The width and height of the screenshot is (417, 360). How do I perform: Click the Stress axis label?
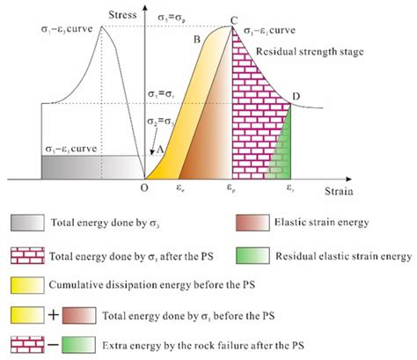tap(124, 16)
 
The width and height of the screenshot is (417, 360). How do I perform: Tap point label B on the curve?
tap(197, 40)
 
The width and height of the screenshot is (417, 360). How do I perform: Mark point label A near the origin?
tap(160, 150)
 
